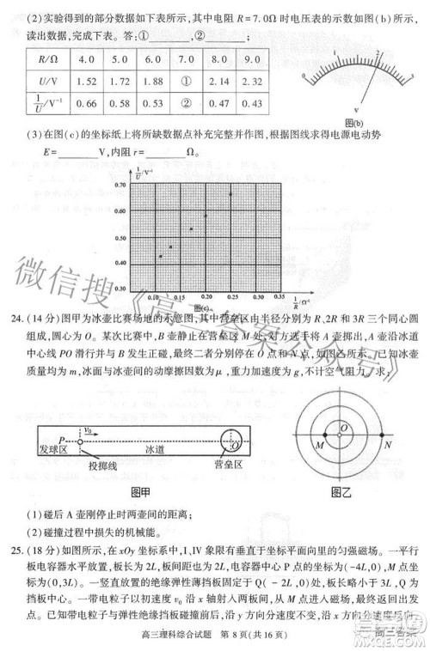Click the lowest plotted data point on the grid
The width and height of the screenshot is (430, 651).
coord(161,256)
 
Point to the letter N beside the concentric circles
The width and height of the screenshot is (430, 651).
coord(388,445)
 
